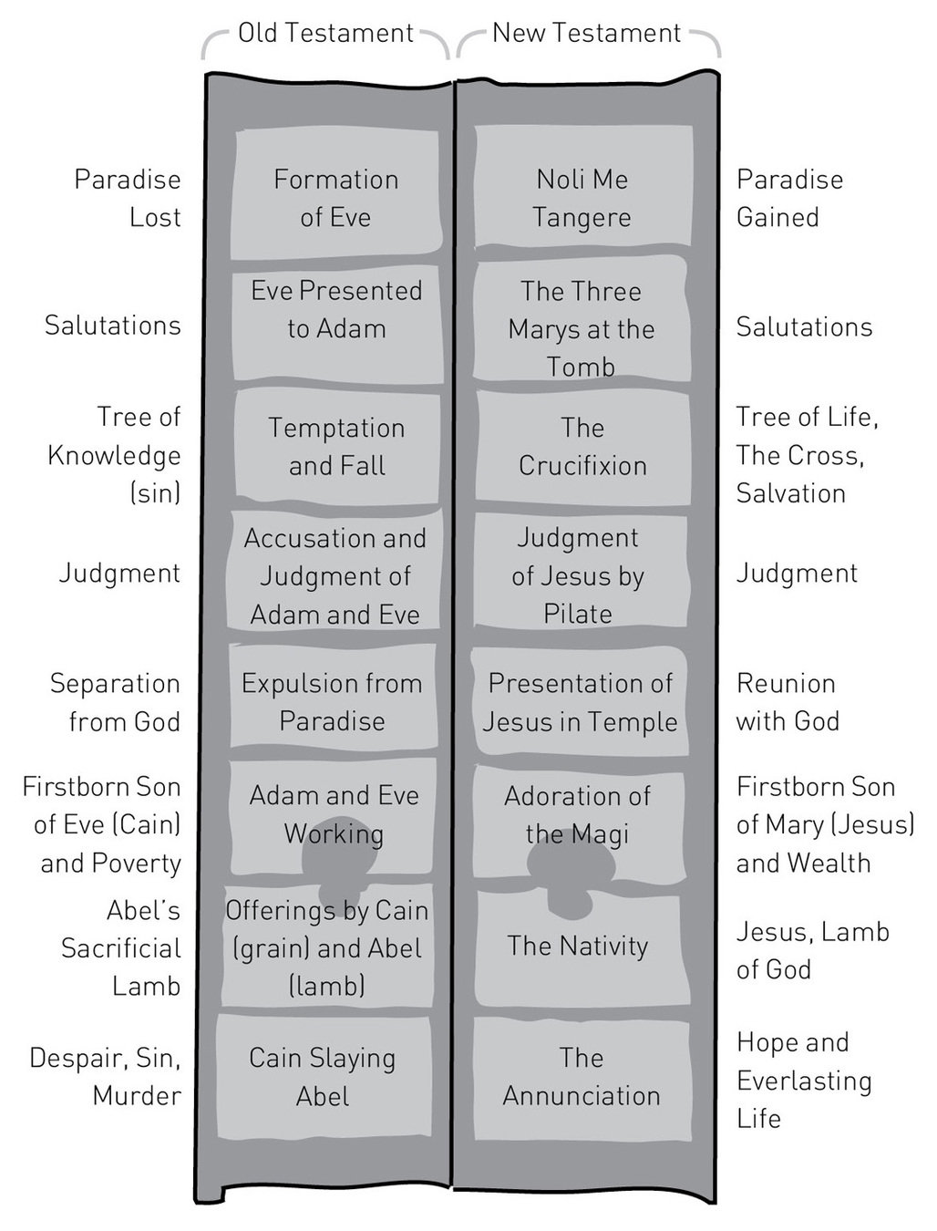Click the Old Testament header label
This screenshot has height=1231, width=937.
325,34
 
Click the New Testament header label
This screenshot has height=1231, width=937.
586,34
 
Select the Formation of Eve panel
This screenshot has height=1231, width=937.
335,197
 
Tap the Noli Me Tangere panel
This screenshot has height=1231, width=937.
582,197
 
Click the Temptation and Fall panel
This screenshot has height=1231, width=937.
336,446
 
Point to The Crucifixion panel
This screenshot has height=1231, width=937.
582,446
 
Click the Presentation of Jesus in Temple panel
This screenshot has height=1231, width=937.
580,701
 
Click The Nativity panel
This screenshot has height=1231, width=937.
578,948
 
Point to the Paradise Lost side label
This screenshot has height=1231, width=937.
128,198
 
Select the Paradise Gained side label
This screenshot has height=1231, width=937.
789,198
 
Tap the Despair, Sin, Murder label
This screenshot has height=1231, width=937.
106,1076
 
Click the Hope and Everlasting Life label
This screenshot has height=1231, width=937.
804,1080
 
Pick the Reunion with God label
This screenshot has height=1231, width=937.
788,701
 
